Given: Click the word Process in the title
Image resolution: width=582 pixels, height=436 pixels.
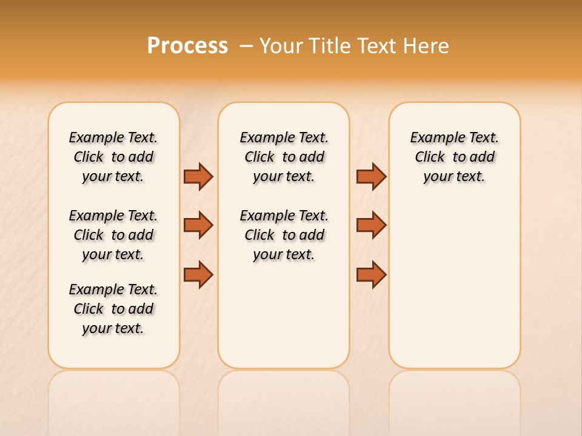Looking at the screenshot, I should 187,46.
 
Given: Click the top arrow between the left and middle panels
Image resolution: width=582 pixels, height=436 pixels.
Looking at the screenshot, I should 198,176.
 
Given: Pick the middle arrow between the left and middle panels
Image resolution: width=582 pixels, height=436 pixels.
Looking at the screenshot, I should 198,225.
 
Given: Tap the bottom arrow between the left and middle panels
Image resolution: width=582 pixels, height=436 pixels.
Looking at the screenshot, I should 198,274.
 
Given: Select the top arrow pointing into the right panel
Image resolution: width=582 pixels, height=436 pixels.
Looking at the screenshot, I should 371,176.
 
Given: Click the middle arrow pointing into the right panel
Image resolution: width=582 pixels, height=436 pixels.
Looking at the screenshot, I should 371,225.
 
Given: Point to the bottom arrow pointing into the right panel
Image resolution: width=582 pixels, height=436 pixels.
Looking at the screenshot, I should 371,274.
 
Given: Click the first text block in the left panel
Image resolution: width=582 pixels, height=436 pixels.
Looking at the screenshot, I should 113,157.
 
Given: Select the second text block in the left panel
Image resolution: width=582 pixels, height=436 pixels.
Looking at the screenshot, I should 113,235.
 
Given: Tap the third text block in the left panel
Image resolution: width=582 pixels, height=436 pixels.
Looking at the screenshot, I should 113,309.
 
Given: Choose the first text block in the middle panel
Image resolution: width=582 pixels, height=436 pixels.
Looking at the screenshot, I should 284,157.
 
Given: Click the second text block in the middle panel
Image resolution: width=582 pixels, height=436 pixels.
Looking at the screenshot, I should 284,235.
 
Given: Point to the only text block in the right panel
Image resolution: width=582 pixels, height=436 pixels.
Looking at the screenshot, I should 454,157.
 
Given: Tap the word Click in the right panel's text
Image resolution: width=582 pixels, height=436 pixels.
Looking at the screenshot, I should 430,157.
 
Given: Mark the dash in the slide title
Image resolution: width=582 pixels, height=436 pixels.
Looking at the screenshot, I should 246,46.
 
